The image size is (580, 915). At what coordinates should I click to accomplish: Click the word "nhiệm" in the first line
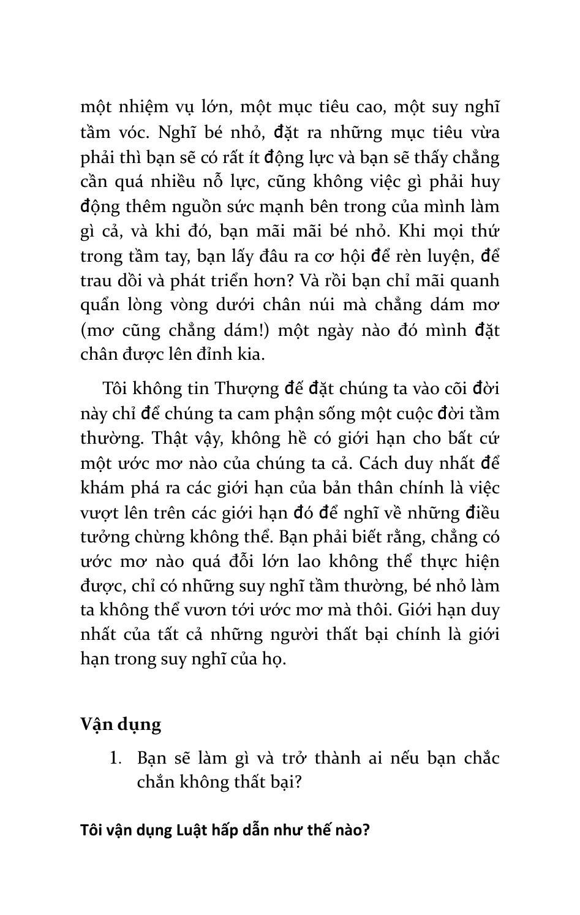(x=141, y=107)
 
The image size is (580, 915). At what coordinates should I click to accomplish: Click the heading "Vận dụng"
(x=121, y=724)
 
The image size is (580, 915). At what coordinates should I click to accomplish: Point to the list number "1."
(x=116, y=758)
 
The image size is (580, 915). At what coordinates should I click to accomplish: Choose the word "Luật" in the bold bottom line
(x=192, y=830)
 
